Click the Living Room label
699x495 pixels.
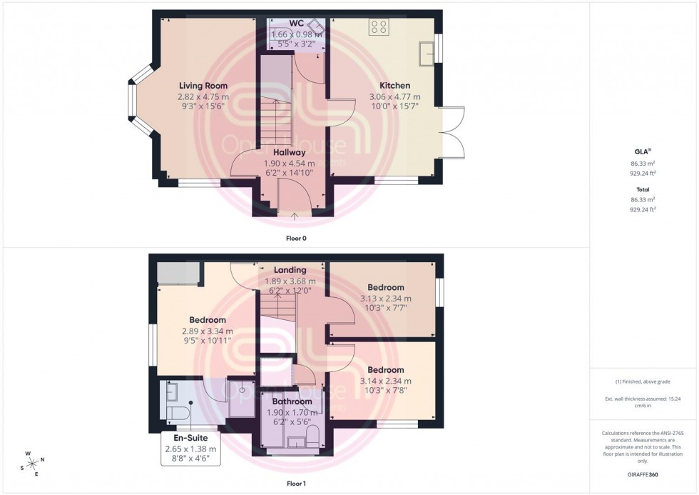[203, 86]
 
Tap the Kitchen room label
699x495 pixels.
[394, 86]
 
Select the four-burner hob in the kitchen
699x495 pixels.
[379, 27]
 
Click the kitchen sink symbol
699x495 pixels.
[428, 54]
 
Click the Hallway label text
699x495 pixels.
[289, 152]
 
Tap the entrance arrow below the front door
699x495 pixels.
[295, 214]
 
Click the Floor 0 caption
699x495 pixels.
[295, 238]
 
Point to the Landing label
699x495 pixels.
[290, 270]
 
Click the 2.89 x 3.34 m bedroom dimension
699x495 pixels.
[208, 331]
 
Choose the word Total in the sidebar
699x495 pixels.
[643, 191]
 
